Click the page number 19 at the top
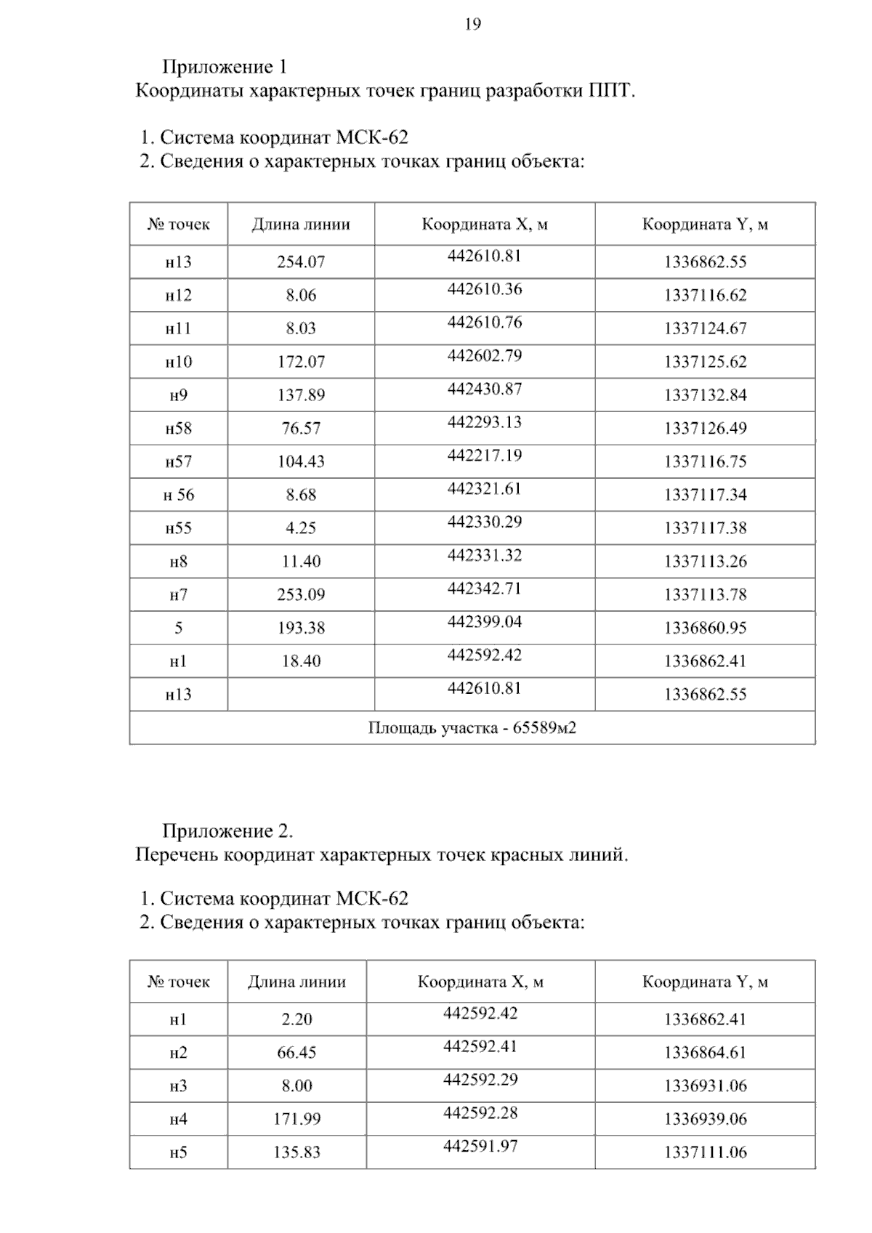(472, 25)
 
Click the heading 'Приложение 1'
(225, 67)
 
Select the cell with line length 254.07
(301, 262)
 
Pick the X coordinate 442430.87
(485, 389)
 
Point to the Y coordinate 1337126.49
(705, 429)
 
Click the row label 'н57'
(179, 462)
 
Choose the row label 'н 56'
(179, 496)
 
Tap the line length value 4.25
(301, 528)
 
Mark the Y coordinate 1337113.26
(705, 562)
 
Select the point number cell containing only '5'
(179, 628)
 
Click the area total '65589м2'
(544, 727)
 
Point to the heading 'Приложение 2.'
(227, 830)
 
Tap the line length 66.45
(296, 1053)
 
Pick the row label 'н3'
(179, 1086)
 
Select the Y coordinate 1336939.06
(705, 1120)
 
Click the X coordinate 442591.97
(480, 1147)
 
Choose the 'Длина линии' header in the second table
(296, 982)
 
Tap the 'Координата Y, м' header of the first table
(705, 225)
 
